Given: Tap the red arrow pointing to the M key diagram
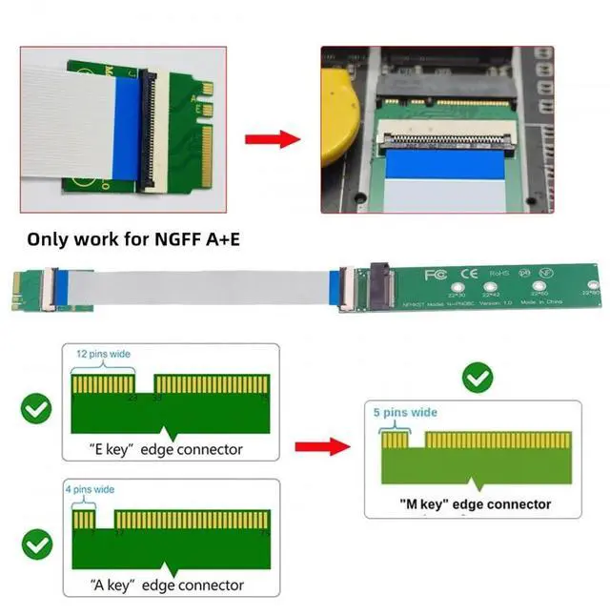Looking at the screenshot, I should pos(323,445).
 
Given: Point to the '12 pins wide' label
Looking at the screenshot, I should pos(103,354).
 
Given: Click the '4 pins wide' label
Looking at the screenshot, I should pos(90,489).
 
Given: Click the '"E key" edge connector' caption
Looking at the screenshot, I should pos(152,449).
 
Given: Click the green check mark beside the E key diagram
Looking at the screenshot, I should pos(36,411).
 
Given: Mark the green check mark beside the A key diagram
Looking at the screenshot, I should pos(36,544).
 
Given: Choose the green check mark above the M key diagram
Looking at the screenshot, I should pos(477,378).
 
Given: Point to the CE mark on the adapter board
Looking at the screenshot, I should pos(468,275).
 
